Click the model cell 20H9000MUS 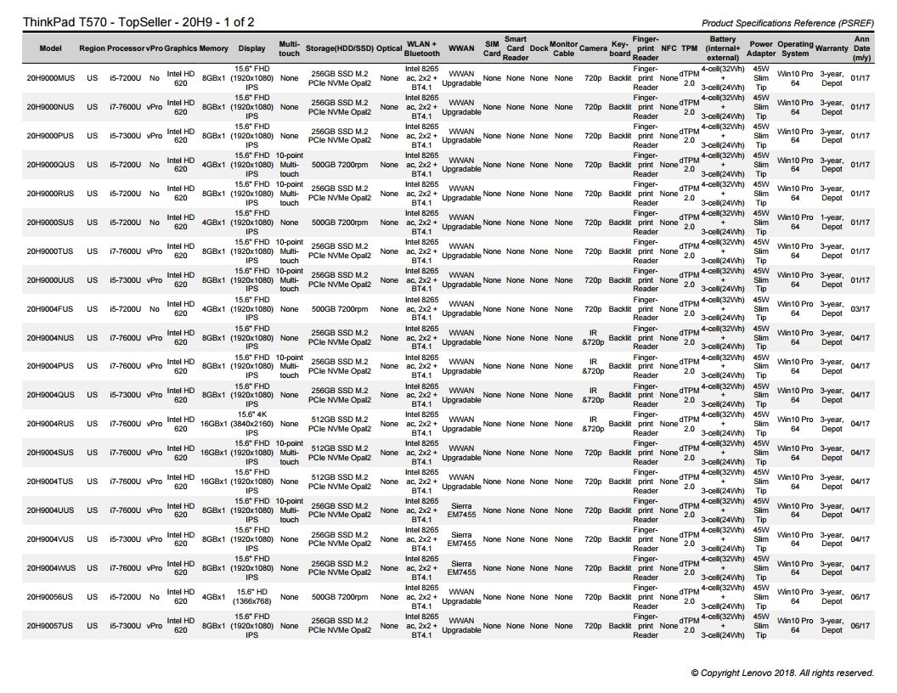[x=50, y=78]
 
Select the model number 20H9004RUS [x=50, y=424]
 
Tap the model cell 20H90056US [x=50, y=597]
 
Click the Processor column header [x=126, y=48]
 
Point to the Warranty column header [x=832, y=48]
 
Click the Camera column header [x=593, y=48]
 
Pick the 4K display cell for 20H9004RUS [x=251, y=424]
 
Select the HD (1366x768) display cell [x=251, y=597]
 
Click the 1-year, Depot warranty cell [x=832, y=223]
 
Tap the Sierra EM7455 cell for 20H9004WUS [x=461, y=568]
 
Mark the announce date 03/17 [x=860, y=309]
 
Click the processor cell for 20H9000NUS [x=126, y=107]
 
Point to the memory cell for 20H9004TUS [x=213, y=482]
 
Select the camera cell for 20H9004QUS [x=593, y=395]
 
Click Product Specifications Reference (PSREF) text [x=788, y=23]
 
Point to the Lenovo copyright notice [x=781, y=673]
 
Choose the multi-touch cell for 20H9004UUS [x=289, y=510]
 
